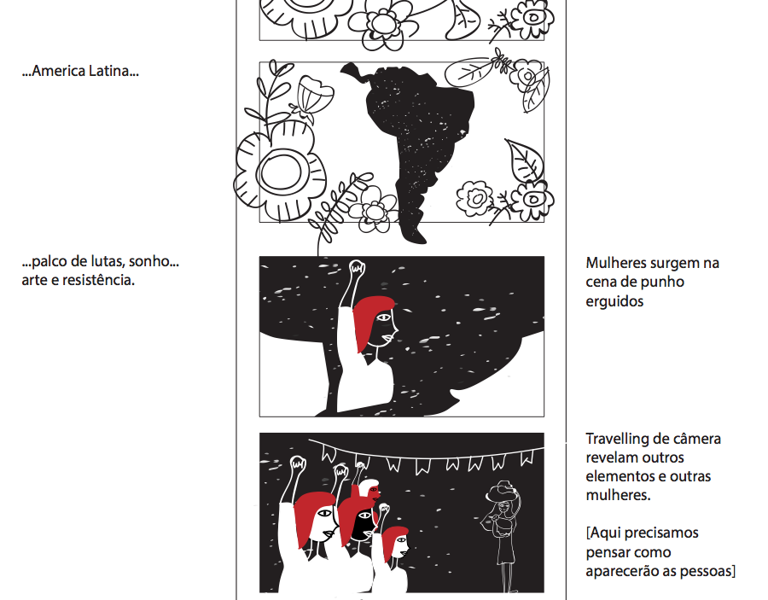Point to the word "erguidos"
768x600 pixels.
pyautogui.click(x=614, y=301)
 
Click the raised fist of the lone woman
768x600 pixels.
pyautogui.click(x=357, y=268)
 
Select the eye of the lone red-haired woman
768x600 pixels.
pyautogui.click(x=383, y=317)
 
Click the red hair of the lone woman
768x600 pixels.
pyautogui.click(x=369, y=319)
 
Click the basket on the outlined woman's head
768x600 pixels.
pyautogui.click(x=501, y=492)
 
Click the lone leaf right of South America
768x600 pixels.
pyautogui.click(x=525, y=160)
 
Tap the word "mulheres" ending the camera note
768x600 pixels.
pyautogui.click(x=617, y=495)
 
